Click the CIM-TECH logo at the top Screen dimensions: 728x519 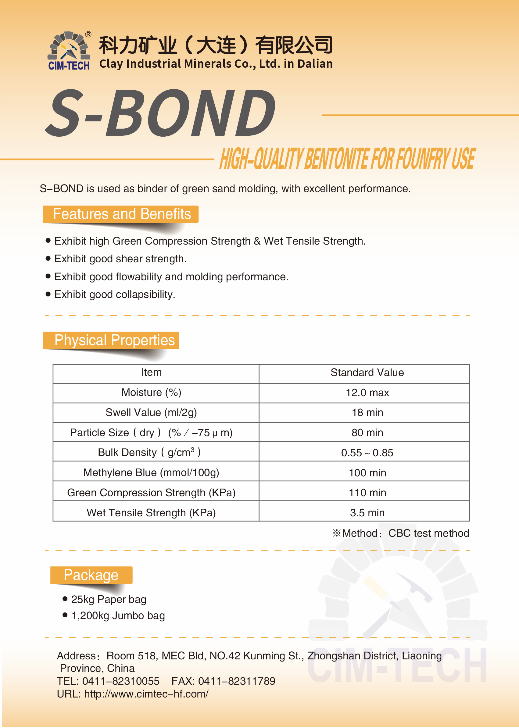pyautogui.click(x=69, y=51)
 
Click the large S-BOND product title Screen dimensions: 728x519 pyautogui.click(x=160, y=113)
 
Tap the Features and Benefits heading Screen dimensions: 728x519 pyautogui.click(x=121, y=214)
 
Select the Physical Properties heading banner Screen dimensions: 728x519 pyautogui.click(x=114, y=340)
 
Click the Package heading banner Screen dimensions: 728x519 pyautogui.click(x=91, y=575)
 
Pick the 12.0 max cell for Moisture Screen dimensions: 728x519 pyautogui.click(x=367, y=393)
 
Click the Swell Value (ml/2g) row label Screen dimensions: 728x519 pyautogui.click(x=151, y=413)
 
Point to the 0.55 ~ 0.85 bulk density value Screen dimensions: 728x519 pyautogui.click(x=367, y=453)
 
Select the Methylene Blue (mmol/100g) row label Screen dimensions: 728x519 pyautogui.click(x=151, y=473)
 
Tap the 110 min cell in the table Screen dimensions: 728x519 pyautogui.click(x=367, y=493)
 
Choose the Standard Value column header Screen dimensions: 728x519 pyautogui.click(x=367, y=373)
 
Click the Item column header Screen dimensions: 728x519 pyautogui.click(x=152, y=373)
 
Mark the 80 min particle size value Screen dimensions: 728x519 pyautogui.click(x=367, y=433)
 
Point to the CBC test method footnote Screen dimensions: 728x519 pyautogui.click(x=401, y=533)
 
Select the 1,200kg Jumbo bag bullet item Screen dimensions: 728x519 pyautogui.click(x=118, y=616)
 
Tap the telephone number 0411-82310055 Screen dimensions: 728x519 pyautogui.click(x=121, y=681)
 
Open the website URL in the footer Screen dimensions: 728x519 pyautogui.click(x=146, y=694)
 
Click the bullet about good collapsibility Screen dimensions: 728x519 pyautogui.click(x=115, y=295)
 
